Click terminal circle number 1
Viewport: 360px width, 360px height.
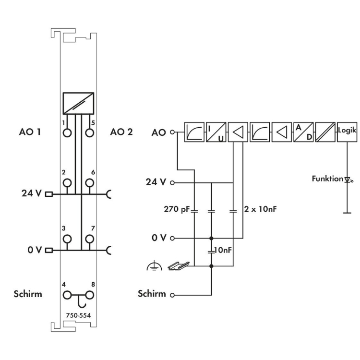[x=67, y=132]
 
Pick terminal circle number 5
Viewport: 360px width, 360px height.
[x=89, y=132]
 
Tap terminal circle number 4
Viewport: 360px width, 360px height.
[x=67, y=294]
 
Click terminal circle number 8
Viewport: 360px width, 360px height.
[x=89, y=294]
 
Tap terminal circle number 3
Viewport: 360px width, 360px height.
[x=67, y=239]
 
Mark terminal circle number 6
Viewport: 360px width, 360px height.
[x=89, y=183]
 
